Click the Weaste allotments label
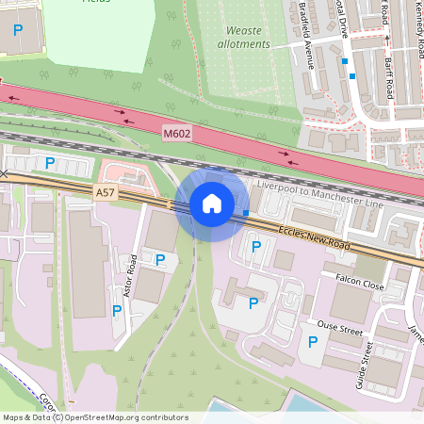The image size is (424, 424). (243, 37)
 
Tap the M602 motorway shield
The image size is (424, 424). (176, 135)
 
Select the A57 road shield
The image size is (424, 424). (106, 191)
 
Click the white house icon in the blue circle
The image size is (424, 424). (212, 203)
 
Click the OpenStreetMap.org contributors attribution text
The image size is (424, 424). (128, 417)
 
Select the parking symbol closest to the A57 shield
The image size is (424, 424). (48, 162)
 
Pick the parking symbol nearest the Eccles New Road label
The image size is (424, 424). (255, 247)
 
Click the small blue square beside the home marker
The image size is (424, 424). (245, 213)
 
